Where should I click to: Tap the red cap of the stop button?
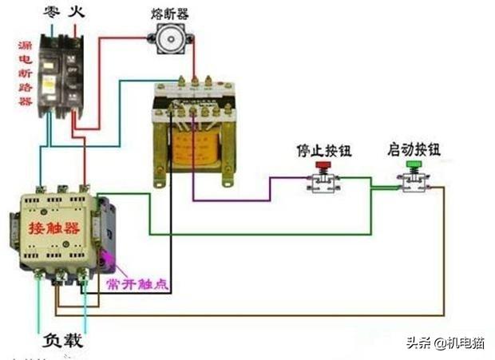coord(323,165)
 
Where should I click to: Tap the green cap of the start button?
coord(414,165)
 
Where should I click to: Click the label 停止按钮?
coord(323,149)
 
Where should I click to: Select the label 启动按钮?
coord(414,149)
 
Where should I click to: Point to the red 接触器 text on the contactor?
coord(54,228)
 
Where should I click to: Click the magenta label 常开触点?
coord(137,284)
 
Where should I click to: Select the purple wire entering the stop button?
coord(240,199)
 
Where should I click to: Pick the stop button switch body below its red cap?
coord(323,183)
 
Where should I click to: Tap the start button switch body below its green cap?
coord(414,183)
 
